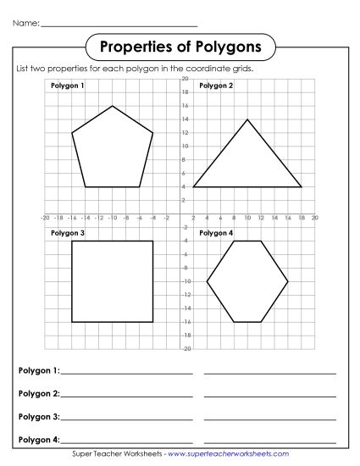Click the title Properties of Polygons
tap(180, 45)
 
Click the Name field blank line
tap(119, 25)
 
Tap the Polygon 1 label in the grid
tap(68, 86)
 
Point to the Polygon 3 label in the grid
tap(68, 233)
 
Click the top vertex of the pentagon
tap(113, 106)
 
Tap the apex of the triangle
tap(247, 119)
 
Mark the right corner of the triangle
tap(302, 186)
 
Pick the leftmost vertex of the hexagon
tap(207, 281)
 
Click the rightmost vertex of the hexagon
tap(288, 281)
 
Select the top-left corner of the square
tap(72, 241)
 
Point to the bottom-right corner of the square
tap(153, 322)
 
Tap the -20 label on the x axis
tap(45, 218)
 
